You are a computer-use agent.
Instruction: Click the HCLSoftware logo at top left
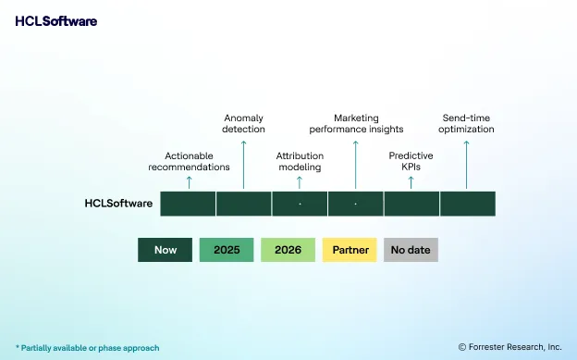(55, 21)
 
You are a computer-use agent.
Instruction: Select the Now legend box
(166, 250)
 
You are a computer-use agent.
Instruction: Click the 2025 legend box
(227, 250)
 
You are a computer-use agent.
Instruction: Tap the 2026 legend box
(288, 250)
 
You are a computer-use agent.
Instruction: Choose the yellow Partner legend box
(350, 250)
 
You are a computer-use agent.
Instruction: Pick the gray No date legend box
(411, 250)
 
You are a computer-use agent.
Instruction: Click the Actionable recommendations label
(189, 161)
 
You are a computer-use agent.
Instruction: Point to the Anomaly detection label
(243, 123)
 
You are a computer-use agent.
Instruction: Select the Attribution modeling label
(300, 161)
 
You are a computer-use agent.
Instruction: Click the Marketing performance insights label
(356, 123)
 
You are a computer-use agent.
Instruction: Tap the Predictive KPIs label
(411, 161)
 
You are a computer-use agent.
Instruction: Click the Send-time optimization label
(466, 123)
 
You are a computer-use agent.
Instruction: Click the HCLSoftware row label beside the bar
(118, 204)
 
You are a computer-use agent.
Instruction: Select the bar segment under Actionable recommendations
(188, 204)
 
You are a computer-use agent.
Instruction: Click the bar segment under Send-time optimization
(467, 204)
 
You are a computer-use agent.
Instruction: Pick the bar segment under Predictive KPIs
(411, 204)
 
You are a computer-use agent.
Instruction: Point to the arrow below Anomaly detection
(243, 162)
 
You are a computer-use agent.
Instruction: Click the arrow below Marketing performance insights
(355, 162)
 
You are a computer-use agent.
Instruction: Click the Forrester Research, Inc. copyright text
(509, 347)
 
